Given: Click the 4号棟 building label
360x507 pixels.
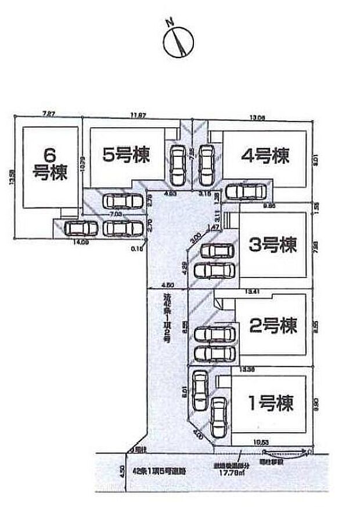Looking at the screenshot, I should (265, 155).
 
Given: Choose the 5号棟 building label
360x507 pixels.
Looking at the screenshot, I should (126, 155).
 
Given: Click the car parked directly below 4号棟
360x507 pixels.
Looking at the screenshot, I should (246, 191).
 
